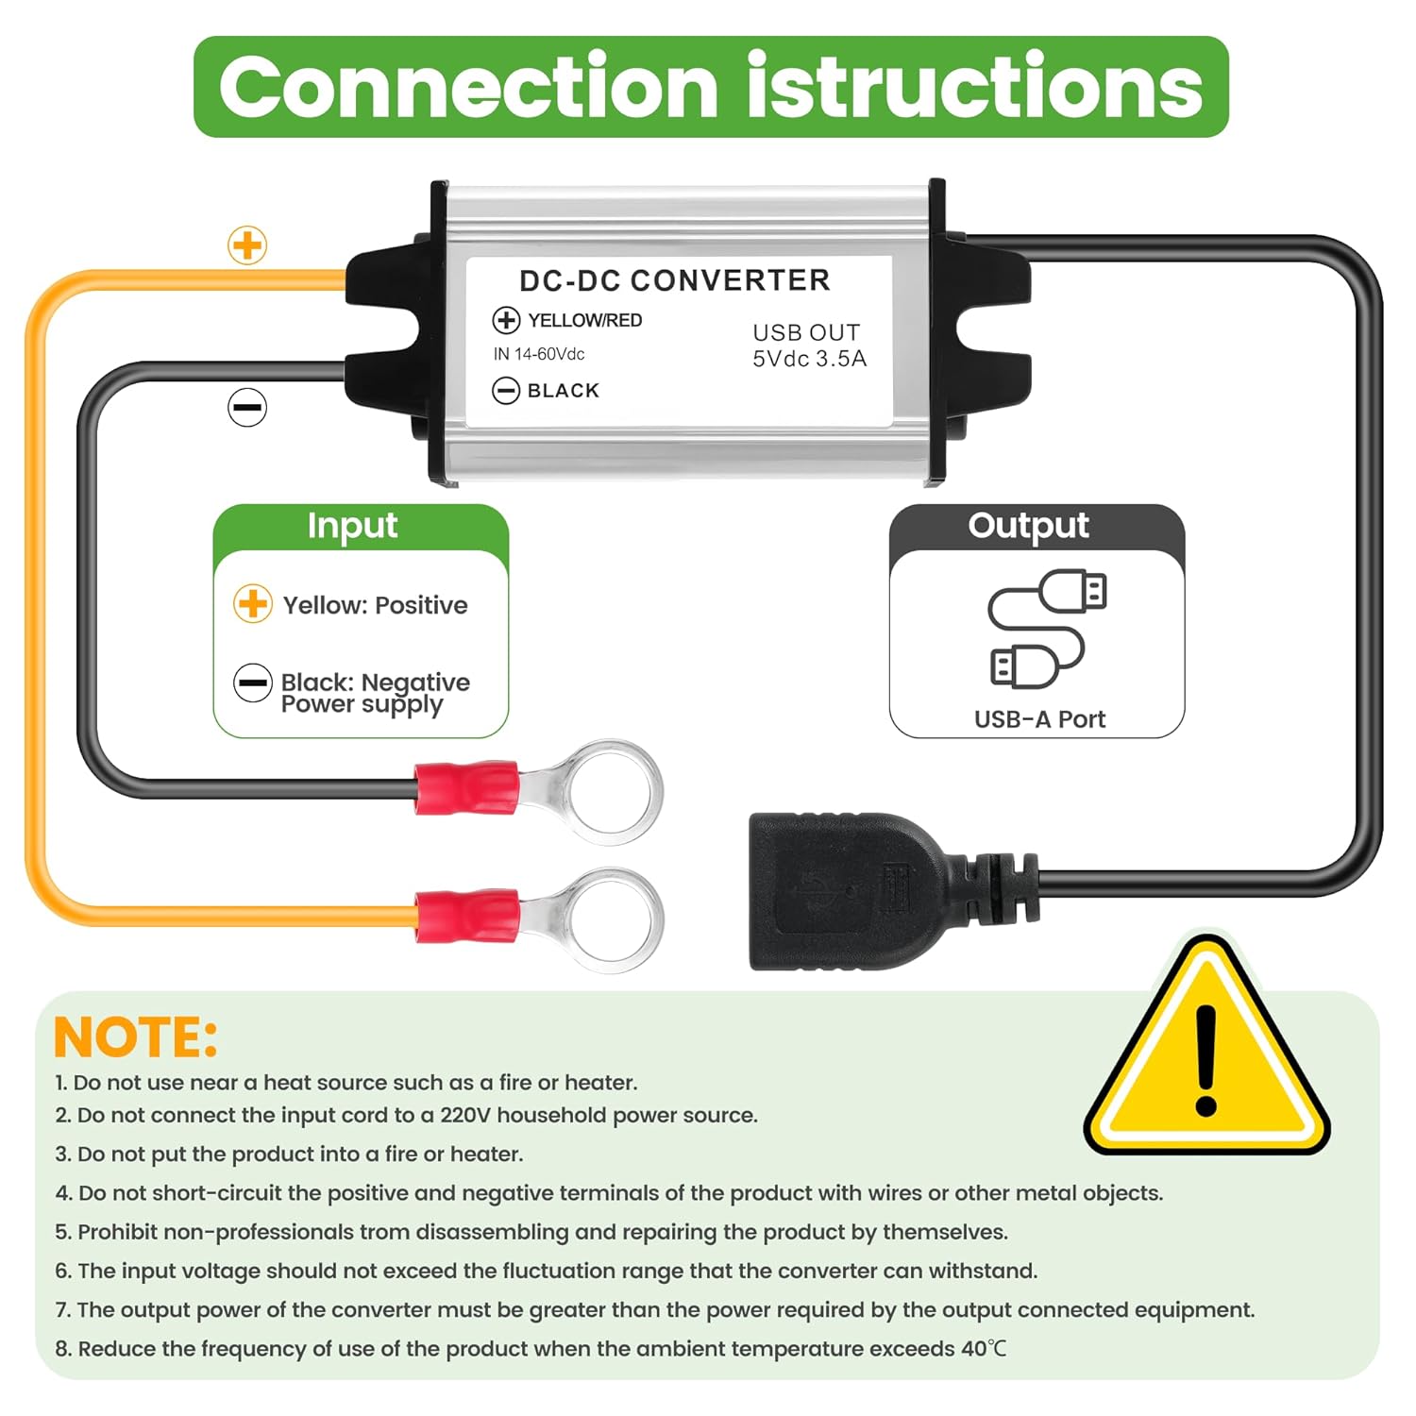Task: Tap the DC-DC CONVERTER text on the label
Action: [x=674, y=280]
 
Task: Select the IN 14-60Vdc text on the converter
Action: [x=539, y=354]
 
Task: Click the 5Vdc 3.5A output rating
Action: [x=809, y=359]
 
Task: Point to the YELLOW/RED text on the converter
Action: [x=584, y=320]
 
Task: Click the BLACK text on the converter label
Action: [x=563, y=390]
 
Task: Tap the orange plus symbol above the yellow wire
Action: [x=247, y=245]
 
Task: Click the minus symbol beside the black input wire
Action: [x=247, y=408]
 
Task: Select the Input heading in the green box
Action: [x=352, y=526]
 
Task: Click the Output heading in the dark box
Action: [x=1028, y=526]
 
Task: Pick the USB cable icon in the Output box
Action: [x=1045, y=629]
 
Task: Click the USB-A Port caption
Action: [x=1039, y=719]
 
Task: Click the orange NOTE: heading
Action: [x=135, y=1037]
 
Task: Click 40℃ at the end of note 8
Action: [x=984, y=1348]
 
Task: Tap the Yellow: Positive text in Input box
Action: [x=375, y=605]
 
